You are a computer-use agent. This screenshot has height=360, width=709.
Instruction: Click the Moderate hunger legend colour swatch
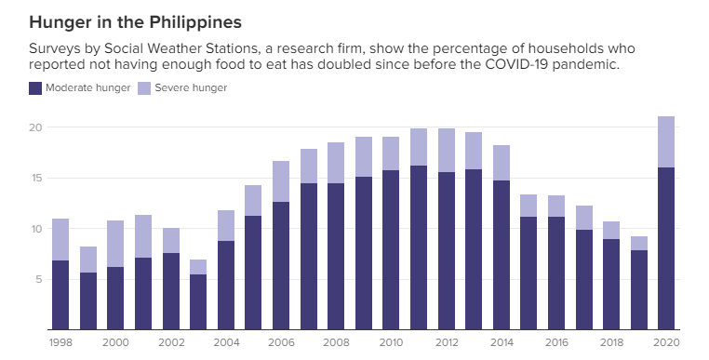tap(36, 88)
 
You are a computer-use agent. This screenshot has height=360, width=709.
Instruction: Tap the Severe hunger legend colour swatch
tap(144, 88)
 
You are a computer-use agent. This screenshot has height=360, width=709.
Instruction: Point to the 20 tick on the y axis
tap(36, 127)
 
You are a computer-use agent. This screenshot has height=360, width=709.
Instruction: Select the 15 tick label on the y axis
tap(36, 178)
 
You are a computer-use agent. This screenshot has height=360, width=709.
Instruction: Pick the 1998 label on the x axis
tap(60, 342)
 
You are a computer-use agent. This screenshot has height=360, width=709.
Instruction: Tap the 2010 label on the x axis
tap(392, 342)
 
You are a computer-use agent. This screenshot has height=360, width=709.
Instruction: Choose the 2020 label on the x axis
tap(666, 342)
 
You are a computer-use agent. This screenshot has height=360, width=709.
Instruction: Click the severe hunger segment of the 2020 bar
tap(666, 141)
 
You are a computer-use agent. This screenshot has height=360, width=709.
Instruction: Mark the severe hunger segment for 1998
tap(60, 239)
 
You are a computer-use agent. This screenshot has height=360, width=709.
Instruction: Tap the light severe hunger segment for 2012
tap(446, 150)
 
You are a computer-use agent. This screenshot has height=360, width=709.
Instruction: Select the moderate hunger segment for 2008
tap(336, 256)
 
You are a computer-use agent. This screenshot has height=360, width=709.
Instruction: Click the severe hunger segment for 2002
tap(170, 240)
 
